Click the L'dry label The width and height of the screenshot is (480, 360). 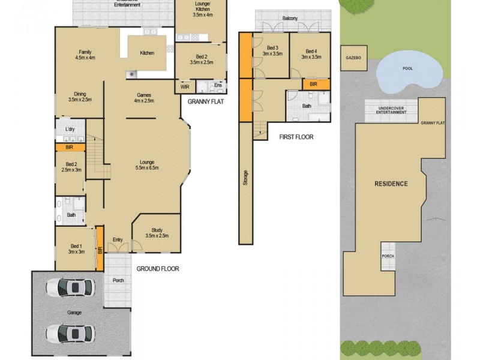point(70,130)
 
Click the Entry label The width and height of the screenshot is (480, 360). point(118,240)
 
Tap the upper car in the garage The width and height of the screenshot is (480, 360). point(70,288)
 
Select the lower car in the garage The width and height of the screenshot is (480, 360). point(70,332)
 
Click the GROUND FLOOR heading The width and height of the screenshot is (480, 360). point(157,269)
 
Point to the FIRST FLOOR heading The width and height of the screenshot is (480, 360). point(296,137)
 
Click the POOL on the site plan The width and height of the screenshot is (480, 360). point(408,68)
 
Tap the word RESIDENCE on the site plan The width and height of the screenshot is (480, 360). point(391,184)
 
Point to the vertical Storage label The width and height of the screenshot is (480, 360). point(245,181)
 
